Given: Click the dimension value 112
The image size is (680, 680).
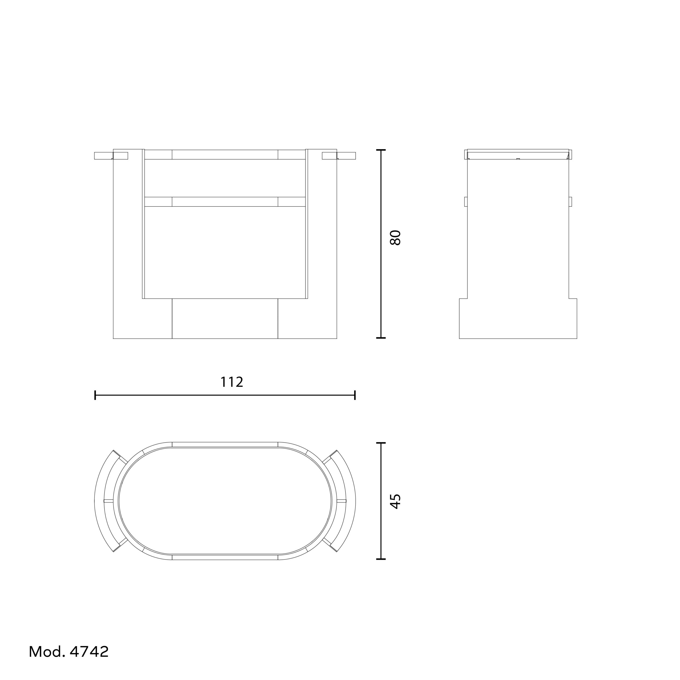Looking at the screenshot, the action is coord(232,382).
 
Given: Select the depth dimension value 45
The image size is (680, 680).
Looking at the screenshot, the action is coord(396,501).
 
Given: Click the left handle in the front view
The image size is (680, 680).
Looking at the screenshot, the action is coord(111,156).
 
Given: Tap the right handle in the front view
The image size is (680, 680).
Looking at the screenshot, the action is coord(339,156).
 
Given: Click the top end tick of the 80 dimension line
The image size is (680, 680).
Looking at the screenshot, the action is coord(381,150).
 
